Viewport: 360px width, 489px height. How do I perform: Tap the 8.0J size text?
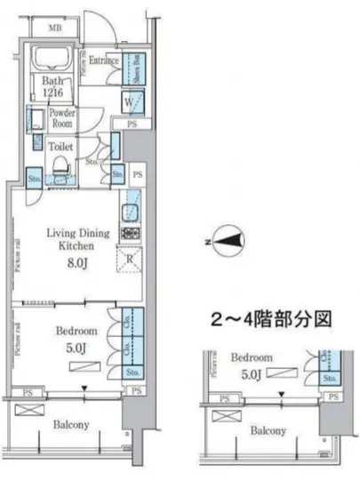click(78, 262)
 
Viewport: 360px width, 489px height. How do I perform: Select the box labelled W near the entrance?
click(129, 101)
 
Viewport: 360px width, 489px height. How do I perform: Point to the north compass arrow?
click(228, 239)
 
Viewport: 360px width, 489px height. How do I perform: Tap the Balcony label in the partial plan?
click(267, 431)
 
